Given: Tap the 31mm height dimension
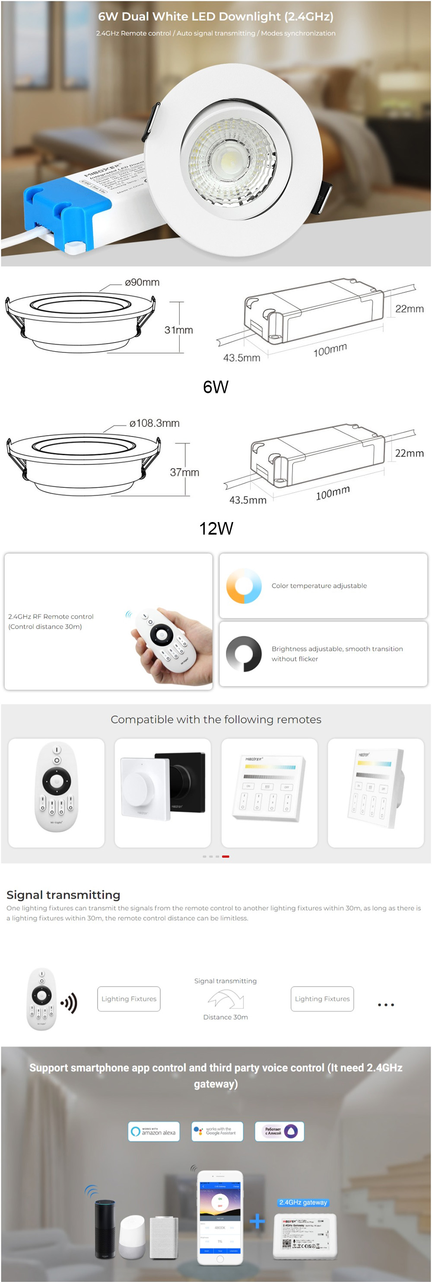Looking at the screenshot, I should point(178,330).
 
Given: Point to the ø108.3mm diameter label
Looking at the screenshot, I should point(154,423).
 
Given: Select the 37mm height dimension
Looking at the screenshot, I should point(184,472).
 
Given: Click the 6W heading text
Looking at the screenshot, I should point(215,387).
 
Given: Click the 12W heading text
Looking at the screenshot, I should point(216,529).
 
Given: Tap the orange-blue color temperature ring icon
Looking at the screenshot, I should point(244,586).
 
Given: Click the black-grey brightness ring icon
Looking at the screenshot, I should point(244,654).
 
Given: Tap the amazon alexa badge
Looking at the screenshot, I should point(154,1131).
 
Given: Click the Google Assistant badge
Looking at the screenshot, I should point(217,1131).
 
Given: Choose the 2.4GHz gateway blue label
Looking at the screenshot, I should point(303,1202).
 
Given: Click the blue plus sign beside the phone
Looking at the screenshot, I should point(257,1221).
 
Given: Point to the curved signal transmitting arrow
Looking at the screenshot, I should point(226,998).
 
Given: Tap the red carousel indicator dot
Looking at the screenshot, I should point(226,856).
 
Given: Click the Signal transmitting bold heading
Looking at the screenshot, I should point(63,895).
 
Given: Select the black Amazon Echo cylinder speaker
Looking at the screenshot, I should point(105,1228).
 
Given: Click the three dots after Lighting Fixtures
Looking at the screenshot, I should point(386,1004).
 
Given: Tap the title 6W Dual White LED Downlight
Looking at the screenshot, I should point(215,16).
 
